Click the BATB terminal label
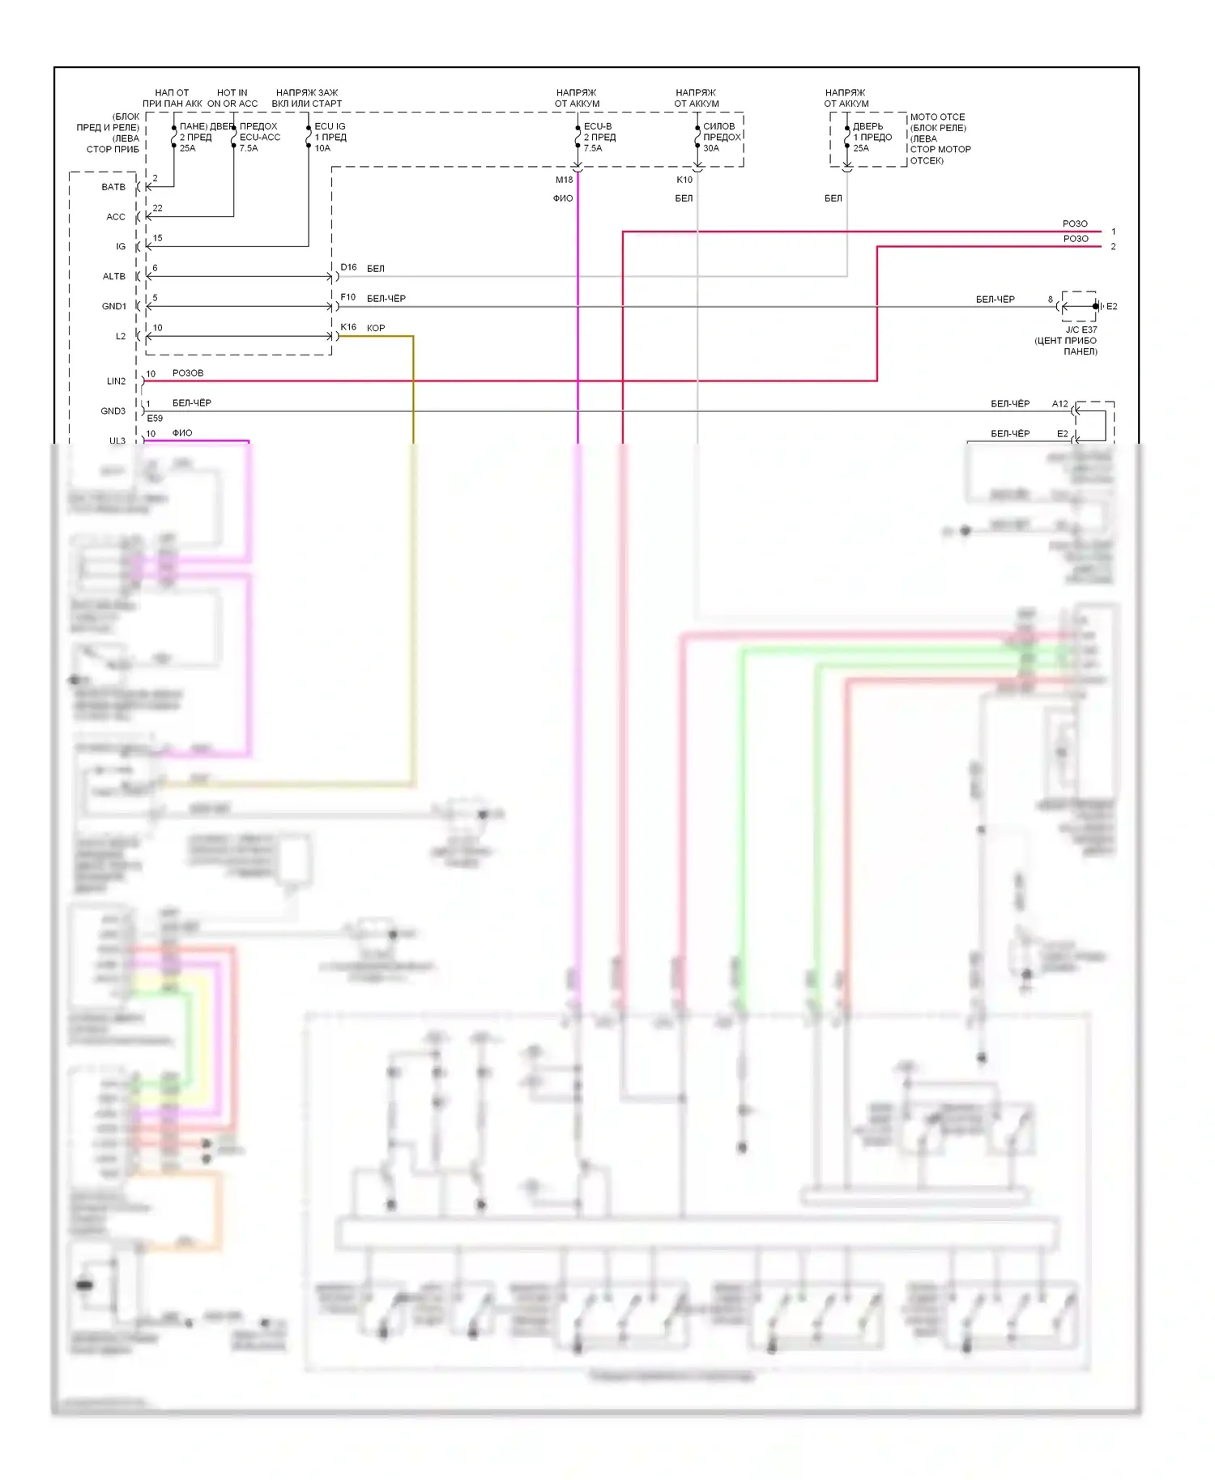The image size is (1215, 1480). coord(113,187)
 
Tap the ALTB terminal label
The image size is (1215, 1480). coord(113,276)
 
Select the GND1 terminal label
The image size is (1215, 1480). coord(113,306)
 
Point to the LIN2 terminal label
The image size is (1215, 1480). coord(116,381)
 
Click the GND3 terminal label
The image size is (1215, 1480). coord(113,410)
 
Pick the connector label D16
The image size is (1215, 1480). coord(348,267)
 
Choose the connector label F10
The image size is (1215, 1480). coord(347,297)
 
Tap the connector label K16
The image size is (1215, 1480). coord(348,327)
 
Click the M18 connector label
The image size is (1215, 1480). coord(564,180)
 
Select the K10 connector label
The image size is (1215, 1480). coord(684,180)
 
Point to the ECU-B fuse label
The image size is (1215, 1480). coord(598,126)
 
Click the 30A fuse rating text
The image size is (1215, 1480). coord(711,148)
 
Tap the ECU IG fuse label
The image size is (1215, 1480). coord(330,126)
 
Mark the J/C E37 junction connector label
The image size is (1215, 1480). coord(1081,330)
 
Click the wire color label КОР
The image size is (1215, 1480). coord(376,328)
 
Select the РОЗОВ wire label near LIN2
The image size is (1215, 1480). coord(188,373)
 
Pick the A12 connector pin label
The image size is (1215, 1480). coord(1059,403)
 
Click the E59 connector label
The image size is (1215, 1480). coord(155,419)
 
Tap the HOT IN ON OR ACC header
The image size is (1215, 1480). coord(232,98)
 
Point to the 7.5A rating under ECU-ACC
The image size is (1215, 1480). coord(249,148)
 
